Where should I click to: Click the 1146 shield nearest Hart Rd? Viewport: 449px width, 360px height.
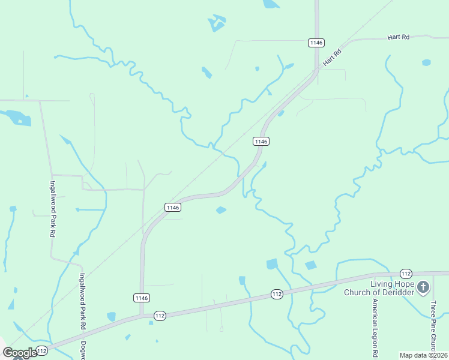316,43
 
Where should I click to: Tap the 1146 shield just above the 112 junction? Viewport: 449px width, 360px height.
141,298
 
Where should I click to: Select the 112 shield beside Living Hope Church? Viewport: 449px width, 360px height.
406,274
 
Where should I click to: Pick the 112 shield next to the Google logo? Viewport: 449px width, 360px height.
41,350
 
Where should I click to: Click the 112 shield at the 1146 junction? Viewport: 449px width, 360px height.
159,316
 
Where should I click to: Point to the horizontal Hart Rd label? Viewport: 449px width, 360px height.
398,37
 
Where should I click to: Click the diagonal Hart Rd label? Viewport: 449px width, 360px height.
331,58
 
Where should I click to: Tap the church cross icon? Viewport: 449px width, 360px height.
423,288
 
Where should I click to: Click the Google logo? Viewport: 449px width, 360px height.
20,353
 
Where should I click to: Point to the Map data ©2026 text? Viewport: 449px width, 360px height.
423,355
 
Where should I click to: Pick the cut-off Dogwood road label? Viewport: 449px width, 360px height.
84,350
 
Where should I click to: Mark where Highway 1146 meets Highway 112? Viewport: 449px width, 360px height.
142,316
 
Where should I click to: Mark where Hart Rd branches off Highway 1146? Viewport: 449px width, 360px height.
318,70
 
